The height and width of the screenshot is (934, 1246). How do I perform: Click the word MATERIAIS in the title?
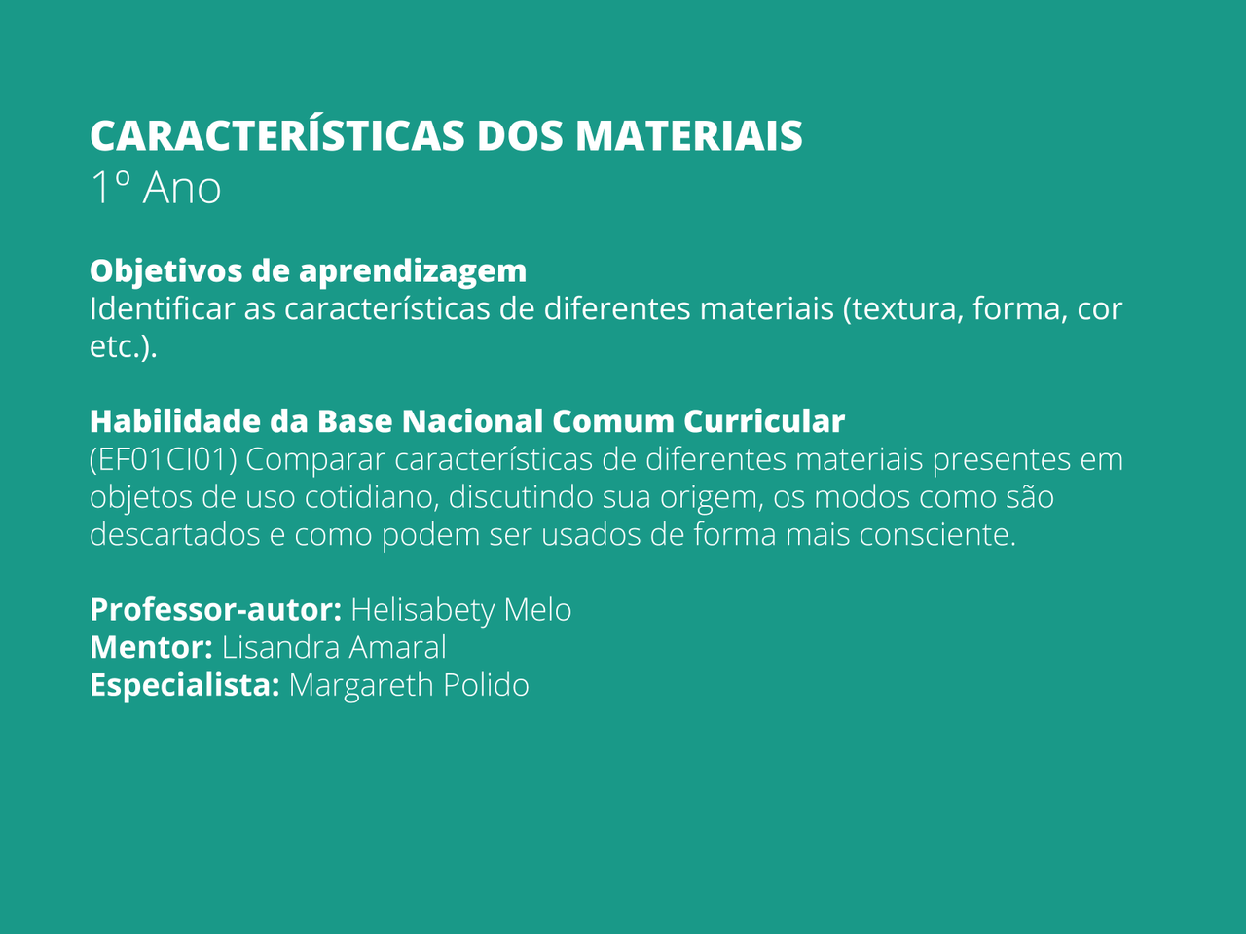(688, 136)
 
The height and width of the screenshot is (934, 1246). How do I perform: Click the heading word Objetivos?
(166, 272)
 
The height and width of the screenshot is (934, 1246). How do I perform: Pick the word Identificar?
(162, 308)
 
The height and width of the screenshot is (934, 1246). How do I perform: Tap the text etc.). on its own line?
(124, 346)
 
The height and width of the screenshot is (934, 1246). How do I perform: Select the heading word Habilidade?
(175, 420)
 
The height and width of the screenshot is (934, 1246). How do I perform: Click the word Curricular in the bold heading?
(764, 421)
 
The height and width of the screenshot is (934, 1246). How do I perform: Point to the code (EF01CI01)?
(164, 459)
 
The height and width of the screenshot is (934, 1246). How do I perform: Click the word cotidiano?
(373, 497)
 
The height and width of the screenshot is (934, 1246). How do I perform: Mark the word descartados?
(175, 534)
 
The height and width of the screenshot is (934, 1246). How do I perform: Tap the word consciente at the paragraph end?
(937, 535)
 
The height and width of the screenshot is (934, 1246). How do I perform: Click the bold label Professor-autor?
(216, 610)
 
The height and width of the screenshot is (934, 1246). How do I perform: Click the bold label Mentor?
(151, 647)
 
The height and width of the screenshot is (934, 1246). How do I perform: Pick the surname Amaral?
(397, 647)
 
